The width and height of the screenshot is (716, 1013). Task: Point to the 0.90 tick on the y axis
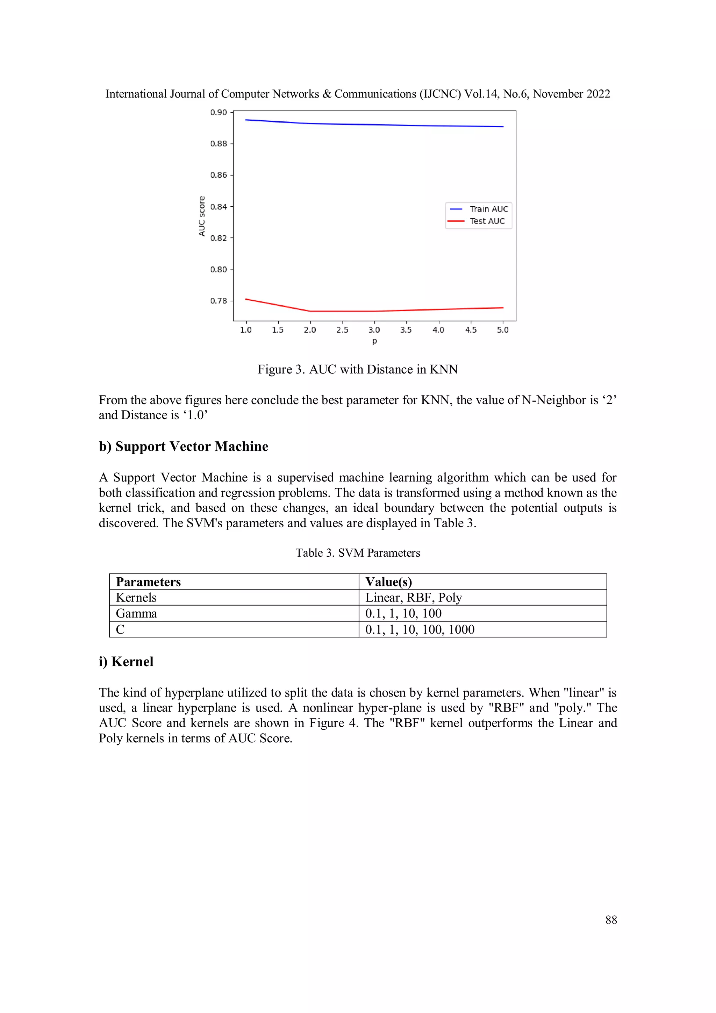[219, 113]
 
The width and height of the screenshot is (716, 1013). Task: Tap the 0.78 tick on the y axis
[219, 301]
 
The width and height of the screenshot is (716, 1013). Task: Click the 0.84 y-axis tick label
[219, 207]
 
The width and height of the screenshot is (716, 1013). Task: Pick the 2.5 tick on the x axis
[342, 330]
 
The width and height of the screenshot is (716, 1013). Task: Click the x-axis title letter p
[374, 341]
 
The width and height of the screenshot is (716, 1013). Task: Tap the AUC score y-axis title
[202, 216]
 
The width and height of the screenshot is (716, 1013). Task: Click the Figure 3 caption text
[357, 369]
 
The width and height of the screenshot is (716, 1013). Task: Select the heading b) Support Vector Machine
[183, 447]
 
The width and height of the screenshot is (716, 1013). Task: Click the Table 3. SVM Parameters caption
[357, 553]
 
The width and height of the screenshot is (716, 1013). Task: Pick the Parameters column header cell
[148, 582]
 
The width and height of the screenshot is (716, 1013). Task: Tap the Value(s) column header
[388, 582]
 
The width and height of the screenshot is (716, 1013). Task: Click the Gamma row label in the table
[136, 613]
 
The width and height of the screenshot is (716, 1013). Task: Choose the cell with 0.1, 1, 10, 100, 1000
[420, 630]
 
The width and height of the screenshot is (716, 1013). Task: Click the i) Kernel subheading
[126, 662]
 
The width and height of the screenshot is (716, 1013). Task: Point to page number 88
[611, 920]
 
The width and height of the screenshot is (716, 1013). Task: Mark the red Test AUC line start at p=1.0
[246, 299]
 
